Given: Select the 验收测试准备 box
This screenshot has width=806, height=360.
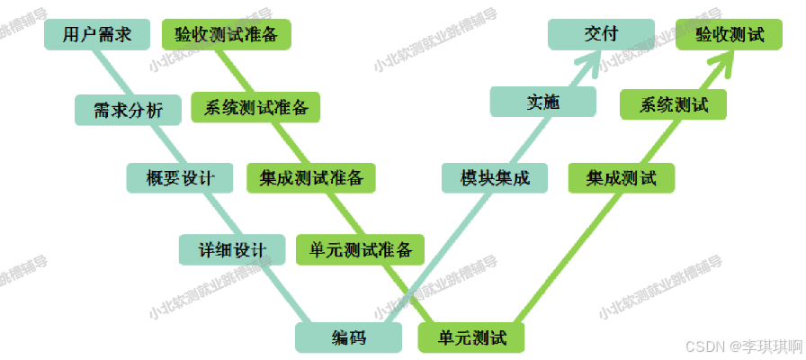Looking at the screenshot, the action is pos(226,34).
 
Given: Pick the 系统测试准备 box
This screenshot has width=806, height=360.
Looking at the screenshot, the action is pos(256,108).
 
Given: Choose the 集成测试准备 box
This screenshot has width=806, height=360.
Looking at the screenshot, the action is pos(311,178).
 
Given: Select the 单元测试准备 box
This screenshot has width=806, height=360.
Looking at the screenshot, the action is pos(361,249).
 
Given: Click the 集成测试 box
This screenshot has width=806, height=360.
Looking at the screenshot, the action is pos(622,178).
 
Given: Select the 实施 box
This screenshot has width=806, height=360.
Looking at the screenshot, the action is pos(542,103).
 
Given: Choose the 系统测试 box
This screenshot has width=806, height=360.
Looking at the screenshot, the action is pos(674,104).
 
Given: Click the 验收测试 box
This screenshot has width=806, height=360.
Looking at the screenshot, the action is pos(730,34).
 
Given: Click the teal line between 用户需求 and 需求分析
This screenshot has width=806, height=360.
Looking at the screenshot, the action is pos(109,72).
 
